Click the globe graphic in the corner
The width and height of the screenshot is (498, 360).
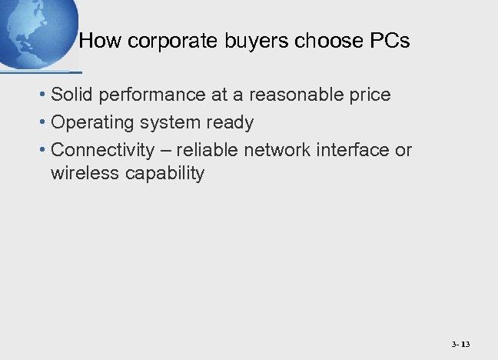pyautogui.click(x=35, y=31)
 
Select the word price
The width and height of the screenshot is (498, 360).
pyautogui.click(x=368, y=95)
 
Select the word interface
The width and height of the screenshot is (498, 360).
pyautogui.click(x=350, y=149)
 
